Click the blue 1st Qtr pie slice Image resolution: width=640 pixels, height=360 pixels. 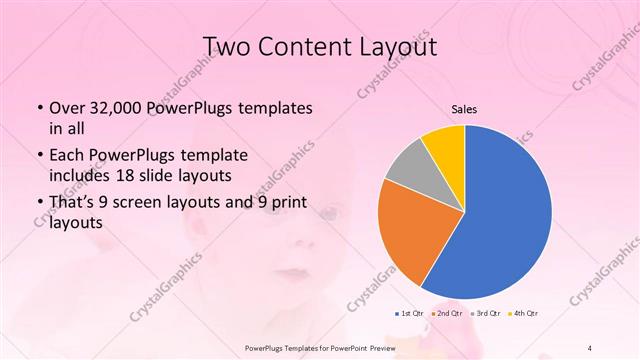point(505,215)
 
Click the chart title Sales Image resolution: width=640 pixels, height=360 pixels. point(464,108)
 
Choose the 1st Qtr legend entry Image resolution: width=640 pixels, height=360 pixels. point(408,313)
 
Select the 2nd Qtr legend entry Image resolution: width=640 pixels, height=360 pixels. point(447,313)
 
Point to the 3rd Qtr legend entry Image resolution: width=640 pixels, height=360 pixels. point(486,313)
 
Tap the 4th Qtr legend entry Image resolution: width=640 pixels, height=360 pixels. point(524,313)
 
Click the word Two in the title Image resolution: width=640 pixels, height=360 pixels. point(232,46)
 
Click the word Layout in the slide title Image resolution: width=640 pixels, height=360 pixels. point(402,46)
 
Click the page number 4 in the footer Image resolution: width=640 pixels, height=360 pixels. point(591,347)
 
